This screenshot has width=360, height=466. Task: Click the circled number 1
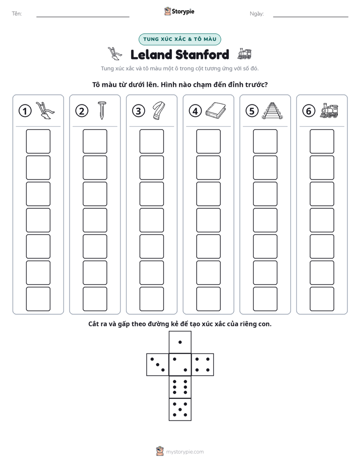point(25,111)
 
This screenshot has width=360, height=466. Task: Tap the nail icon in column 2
point(101,110)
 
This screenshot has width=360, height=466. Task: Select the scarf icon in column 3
point(159,111)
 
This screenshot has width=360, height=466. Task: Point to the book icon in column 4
point(216,111)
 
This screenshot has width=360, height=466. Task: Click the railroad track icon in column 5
point(272,111)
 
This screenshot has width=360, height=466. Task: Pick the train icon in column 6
point(329,111)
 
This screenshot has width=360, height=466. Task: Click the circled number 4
point(195,111)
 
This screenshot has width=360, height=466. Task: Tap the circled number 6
point(309,111)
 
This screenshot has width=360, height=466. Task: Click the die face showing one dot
point(180,342)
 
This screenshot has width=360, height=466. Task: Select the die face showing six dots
point(180,387)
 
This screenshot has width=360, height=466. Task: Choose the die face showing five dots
point(180,410)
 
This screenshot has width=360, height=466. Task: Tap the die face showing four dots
point(203,364)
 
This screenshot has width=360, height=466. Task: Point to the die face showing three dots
point(158,364)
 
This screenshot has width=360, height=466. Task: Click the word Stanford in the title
point(202,54)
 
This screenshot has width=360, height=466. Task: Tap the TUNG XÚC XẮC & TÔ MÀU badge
point(179,39)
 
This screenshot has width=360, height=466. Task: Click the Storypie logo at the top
point(179,12)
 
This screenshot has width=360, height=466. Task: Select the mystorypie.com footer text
point(185,452)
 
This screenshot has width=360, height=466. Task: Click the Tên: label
point(17,14)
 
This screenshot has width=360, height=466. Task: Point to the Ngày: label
point(257,14)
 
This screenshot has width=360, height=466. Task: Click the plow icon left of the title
point(114,54)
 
